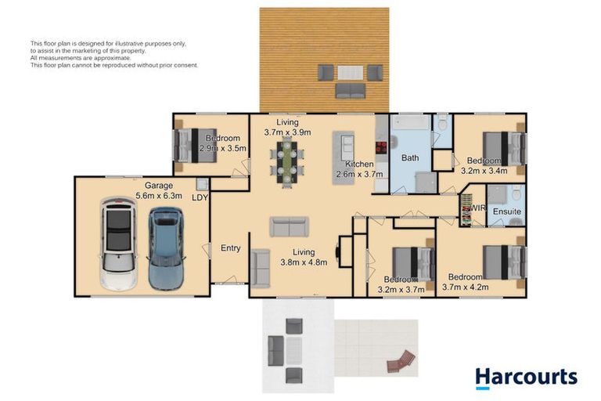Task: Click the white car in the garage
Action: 118,244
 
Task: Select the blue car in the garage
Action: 166,248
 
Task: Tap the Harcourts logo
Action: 526,378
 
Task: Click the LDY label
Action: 200,197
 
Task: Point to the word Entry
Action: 231,248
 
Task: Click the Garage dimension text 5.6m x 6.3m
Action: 159,196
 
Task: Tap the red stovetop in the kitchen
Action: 381,147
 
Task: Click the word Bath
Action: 410,157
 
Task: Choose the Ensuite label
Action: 507,211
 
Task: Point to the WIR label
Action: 478,208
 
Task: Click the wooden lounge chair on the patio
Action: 401,361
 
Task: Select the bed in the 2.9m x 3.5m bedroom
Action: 196,145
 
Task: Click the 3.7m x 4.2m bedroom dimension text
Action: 466,287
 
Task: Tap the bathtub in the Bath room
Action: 411,122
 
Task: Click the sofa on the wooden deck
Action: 351,91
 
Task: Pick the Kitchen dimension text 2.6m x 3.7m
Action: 359,174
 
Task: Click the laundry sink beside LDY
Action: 202,184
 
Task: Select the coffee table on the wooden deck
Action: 350,73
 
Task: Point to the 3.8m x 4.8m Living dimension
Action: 304,262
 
